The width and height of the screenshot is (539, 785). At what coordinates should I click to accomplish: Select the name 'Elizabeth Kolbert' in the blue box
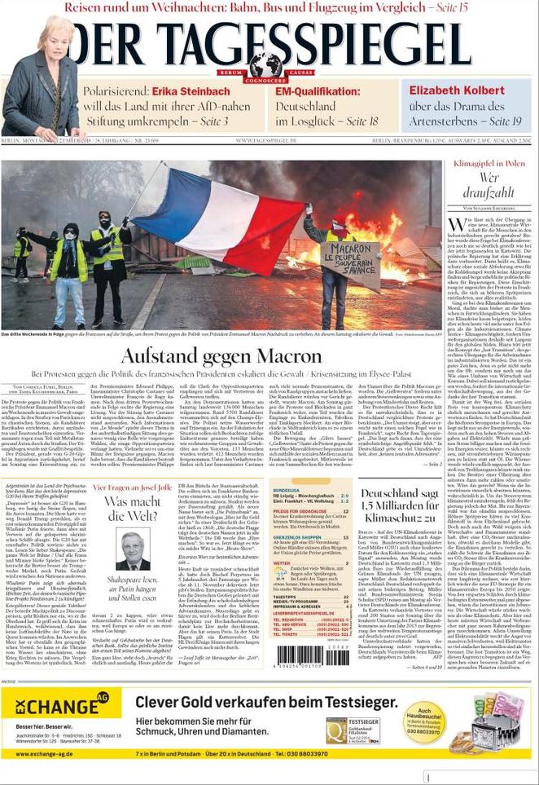[456, 90]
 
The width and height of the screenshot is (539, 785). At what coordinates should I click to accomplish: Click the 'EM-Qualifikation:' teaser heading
[319, 90]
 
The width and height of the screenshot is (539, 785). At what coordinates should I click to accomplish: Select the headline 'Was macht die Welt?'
[132, 509]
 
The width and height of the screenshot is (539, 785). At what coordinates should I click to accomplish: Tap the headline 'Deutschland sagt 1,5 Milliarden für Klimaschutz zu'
[401, 505]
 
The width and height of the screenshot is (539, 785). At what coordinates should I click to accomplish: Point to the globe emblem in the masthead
[265, 64]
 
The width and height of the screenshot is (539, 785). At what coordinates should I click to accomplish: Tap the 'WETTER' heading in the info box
[282, 562]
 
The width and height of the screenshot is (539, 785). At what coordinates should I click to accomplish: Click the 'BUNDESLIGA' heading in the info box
[287, 491]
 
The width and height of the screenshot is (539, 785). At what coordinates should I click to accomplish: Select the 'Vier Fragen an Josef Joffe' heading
[132, 487]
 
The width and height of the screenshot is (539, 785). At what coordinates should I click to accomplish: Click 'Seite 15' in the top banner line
[449, 7]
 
